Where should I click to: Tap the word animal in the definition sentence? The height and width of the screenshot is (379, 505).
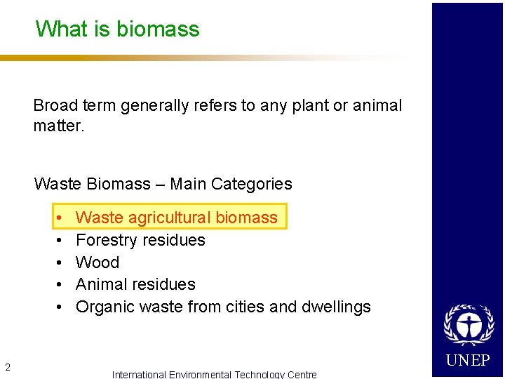tap(377, 106)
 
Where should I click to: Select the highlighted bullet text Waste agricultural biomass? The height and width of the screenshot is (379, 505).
tap(176, 218)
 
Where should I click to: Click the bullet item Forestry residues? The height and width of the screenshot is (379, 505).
tap(140, 240)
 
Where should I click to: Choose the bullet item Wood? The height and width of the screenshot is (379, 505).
tap(97, 262)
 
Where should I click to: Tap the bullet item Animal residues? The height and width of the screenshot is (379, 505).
tap(135, 284)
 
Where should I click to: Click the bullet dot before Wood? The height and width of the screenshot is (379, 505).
tap(61, 262)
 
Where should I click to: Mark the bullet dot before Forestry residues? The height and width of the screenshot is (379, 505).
tap(61, 240)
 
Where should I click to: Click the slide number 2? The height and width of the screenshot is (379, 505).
tap(7, 366)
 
